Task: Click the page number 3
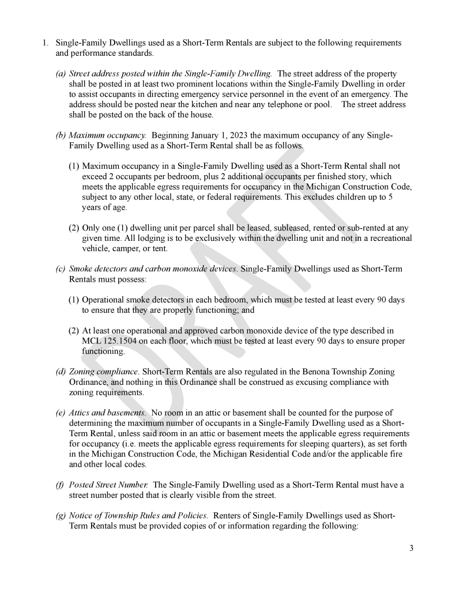click(x=411, y=548)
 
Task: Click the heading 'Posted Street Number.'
click(x=108, y=485)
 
